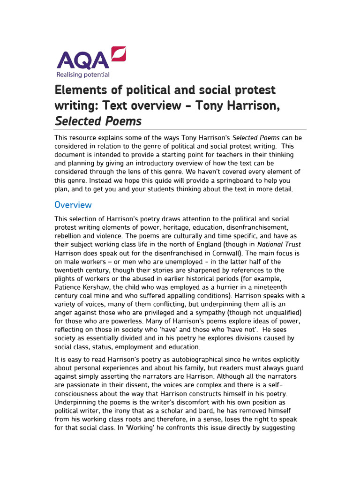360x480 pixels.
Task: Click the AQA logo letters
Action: [82, 60]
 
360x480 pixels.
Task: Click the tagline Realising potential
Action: [83, 75]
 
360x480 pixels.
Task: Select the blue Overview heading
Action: [73, 205]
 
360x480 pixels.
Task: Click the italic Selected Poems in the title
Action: [98, 121]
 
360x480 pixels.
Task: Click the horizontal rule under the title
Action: [180, 129]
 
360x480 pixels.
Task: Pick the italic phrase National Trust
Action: [279, 244]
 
